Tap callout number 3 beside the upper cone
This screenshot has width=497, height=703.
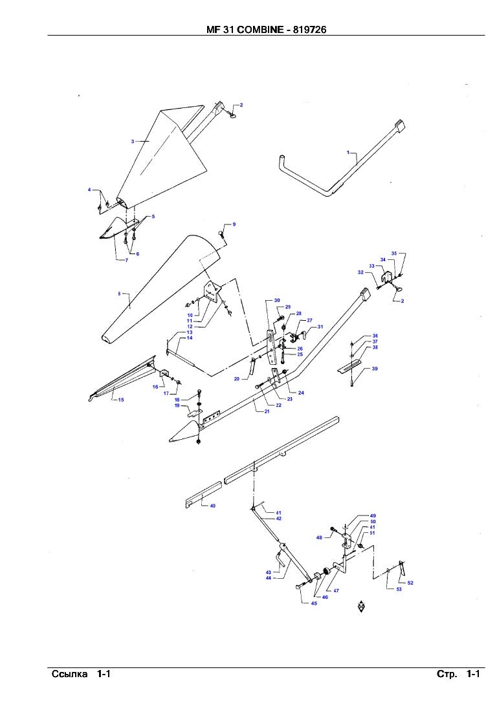click(x=132, y=141)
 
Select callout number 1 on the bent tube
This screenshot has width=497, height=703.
click(x=348, y=153)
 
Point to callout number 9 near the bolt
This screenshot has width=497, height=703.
click(x=234, y=224)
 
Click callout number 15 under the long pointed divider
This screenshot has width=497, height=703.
click(x=121, y=400)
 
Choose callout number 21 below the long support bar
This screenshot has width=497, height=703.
click(x=266, y=411)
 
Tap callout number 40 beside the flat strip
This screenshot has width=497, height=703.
click(x=212, y=506)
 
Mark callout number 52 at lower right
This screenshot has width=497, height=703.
click(x=410, y=583)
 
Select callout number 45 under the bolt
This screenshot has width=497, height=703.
click(x=314, y=603)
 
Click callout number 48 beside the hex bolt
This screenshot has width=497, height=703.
click(x=319, y=537)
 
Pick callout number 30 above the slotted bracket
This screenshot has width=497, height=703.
click(x=277, y=301)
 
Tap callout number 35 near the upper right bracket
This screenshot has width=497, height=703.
click(x=393, y=253)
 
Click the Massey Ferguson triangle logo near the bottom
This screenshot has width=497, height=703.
click(x=362, y=607)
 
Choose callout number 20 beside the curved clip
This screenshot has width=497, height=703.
click(x=237, y=378)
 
